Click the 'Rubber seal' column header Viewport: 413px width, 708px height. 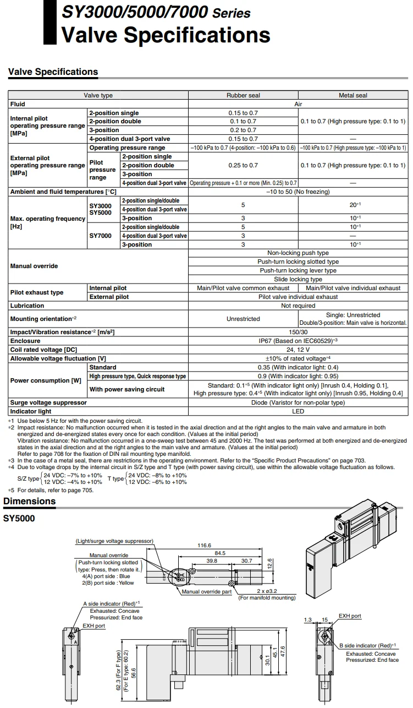click(243, 95)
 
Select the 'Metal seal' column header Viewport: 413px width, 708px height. click(353, 95)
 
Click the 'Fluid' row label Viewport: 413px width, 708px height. click(18, 104)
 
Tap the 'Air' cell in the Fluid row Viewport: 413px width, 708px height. click(298, 104)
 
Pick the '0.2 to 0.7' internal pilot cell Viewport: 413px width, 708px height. click(243, 130)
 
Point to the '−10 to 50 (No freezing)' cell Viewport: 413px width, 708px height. click(298, 192)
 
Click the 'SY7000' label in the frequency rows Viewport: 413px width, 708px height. click(100, 236)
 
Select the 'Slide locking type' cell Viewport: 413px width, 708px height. click(298, 279)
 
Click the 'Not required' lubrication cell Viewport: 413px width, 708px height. click(298, 306)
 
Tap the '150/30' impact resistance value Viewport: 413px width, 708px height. click(298, 332)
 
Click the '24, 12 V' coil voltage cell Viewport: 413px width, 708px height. click(298, 350)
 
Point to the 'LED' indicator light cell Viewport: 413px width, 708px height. click(298, 411)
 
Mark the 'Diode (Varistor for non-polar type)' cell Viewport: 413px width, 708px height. click(298, 402)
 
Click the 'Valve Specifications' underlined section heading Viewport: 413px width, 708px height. click(53, 72)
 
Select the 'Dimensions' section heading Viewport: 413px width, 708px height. click(30, 501)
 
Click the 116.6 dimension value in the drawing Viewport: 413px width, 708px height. click(205, 546)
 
